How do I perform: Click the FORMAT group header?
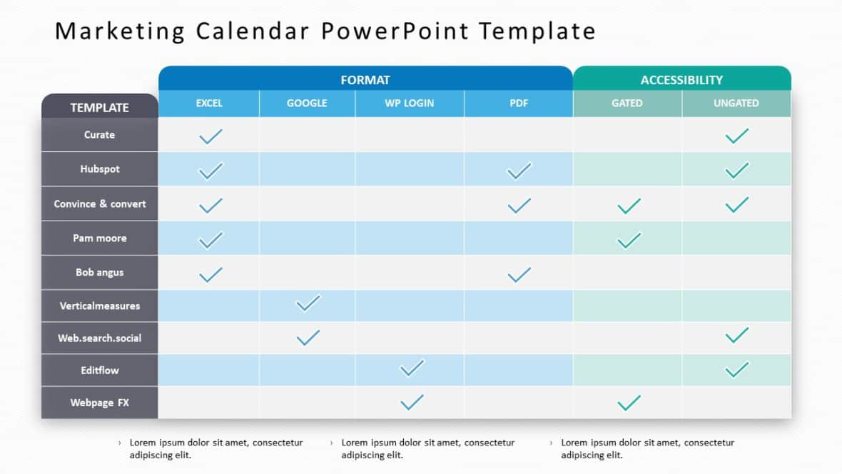pos(365,80)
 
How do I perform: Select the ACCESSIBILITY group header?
pos(681,80)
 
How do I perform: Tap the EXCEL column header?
pos(209,104)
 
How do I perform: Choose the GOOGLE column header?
pos(307,104)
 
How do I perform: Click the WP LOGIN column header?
pos(410,104)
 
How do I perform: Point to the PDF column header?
pos(519,104)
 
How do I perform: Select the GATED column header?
pos(627,104)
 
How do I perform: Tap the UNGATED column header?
pos(736,104)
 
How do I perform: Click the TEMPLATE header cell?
pos(99,108)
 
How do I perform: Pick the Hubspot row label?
pos(100,169)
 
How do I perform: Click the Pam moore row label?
pos(100,238)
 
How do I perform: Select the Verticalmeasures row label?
pos(100,306)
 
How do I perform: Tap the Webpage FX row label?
pos(100,403)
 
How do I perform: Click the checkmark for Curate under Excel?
pos(210,136)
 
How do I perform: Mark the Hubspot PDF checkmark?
pos(519,171)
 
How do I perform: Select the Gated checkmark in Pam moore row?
pos(628,240)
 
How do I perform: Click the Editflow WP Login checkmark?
pos(412,368)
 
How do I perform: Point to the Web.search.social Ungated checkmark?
pos(736,335)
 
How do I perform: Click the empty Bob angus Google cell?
pos(307,273)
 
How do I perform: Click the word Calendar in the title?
pos(249,31)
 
